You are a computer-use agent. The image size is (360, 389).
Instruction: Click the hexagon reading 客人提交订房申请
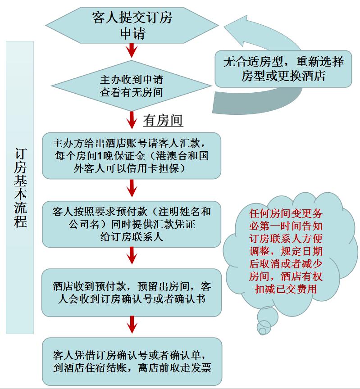(x=132, y=25)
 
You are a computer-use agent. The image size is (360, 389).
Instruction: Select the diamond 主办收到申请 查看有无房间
(x=131, y=86)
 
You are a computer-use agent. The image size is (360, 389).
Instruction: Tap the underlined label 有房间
(x=163, y=121)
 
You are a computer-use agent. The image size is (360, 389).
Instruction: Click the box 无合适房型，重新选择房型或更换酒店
(x=283, y=69)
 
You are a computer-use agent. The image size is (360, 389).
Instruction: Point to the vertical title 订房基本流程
(x=20, y=188)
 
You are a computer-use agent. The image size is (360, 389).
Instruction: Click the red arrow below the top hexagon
(x=132, y=50)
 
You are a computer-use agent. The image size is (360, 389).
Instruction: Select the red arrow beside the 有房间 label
(x=132, y=120)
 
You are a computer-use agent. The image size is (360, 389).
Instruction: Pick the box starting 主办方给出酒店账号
(x=131, y=156)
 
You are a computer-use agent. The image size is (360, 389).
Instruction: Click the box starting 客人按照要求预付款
(x=131, y=224)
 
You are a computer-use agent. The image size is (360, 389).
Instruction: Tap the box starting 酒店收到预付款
(x=131, y=293)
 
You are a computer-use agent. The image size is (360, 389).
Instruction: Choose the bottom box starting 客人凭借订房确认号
(x=132, y=361)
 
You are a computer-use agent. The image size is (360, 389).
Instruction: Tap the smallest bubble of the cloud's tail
(x=262, y=331)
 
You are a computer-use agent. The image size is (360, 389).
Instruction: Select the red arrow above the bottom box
(x=132, y=325)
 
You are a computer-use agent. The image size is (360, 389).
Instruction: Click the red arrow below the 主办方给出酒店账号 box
(x=132, y=188)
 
